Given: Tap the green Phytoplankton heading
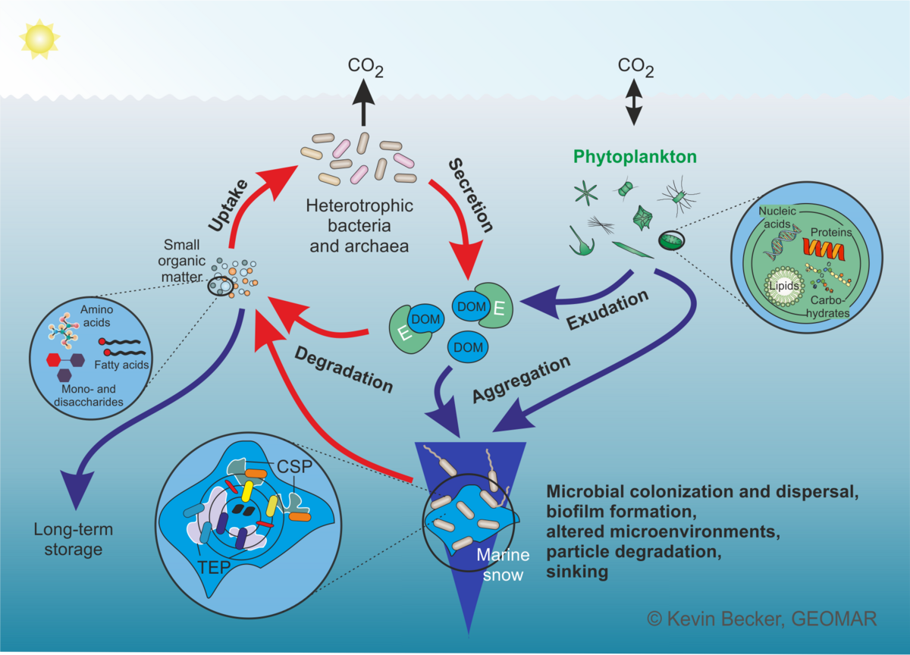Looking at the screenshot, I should [635, 157].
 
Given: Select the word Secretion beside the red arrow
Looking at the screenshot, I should [470, 195].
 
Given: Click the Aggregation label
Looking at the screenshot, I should [521, 379].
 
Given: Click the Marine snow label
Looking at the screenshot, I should [500, 566].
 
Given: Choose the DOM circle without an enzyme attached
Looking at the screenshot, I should [467, 346].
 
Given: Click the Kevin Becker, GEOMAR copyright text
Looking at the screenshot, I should [761, 619].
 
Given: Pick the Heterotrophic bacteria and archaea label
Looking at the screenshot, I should [359, 226].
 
